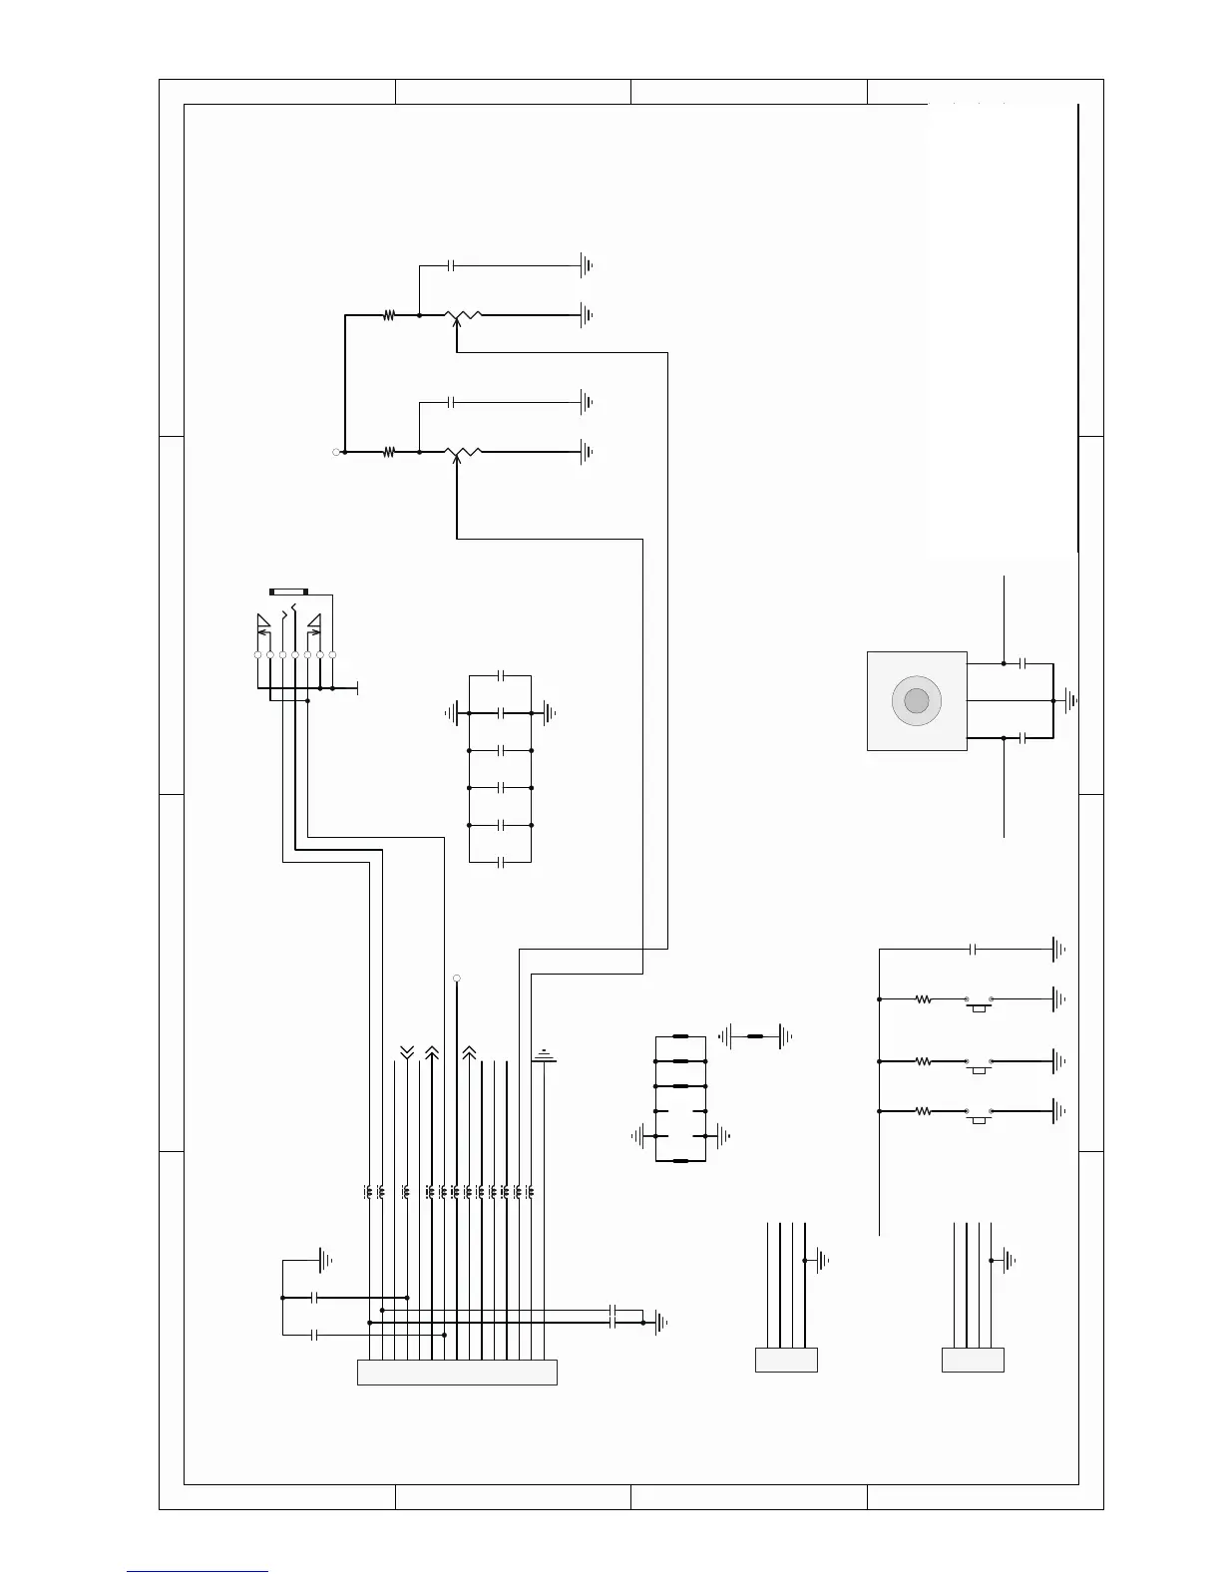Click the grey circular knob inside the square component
click(916, 701)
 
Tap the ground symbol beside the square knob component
click(1071, 701)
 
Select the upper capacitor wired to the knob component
click(1023, 663)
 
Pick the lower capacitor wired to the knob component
click(1023, 738)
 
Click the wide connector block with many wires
click(457, 1373)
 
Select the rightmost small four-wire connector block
click(973, 1360)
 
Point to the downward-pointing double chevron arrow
click(407, 1051)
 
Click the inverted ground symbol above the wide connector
click(544, 1055)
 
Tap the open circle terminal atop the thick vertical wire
click(457, 978)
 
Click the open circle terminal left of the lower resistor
click(336, 453)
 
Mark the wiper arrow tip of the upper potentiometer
click(456, 322)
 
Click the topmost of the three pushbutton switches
click(978, 1001)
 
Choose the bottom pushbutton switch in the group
click(978, 1114)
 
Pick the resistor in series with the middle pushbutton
click(923, 1062)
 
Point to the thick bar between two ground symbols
click(755, 1037)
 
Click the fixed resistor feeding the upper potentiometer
click(389, 315)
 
